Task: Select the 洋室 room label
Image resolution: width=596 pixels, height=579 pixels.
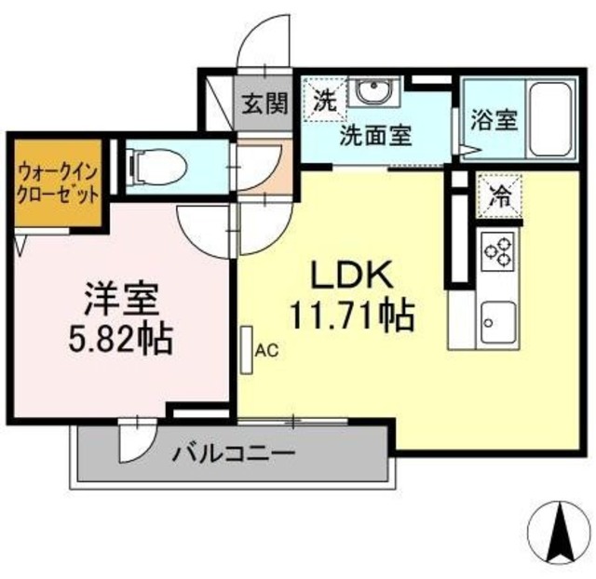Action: tap(121, 301)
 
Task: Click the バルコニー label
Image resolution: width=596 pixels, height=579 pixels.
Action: tap(233, 455)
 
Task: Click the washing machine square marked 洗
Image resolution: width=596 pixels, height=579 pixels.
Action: tap(323, 98)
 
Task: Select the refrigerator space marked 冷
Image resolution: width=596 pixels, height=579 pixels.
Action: tap(499, 196)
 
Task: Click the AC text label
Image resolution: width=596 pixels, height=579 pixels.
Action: tap(267, 351)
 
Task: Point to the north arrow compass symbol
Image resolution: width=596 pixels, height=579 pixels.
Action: tap(562, 533)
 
